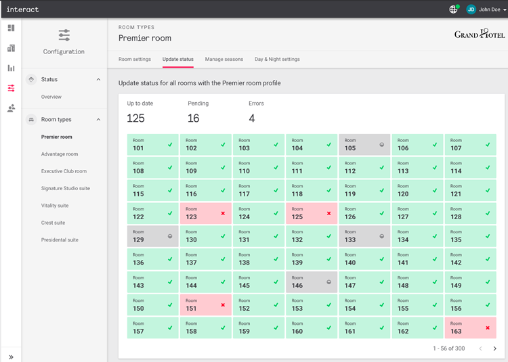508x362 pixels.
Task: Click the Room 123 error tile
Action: pyautogui.click(x=205, y=213)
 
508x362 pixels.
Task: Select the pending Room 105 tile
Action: pyautogui.click(x=364, y=145)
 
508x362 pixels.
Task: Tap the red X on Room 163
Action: pyautogui.click(x=488, y=327)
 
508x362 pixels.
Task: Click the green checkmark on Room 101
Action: pyautogui.click(x=170, y=145)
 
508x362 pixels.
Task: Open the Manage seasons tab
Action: pyautogui.click(x=224, y=60)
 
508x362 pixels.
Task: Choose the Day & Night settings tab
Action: pyautogui.click(x=277, y=60)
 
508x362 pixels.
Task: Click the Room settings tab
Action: pyautogui.click(x=135, y=60)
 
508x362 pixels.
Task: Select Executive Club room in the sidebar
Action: pyautogui.click(x=64, y=171)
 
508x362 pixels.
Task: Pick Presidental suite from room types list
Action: pyautogui.click(x=60, y=240)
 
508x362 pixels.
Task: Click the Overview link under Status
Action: pyautogui.click(x=51, y=97)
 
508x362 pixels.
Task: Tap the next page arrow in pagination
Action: pyautogui.click(x=494, y=348)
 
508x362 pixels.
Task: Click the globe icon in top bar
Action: pyautogui.click(x=453, y=9)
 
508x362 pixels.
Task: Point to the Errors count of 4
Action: pyautogui.click(x=252, y=118)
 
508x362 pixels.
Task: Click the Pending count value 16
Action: pyautogui.click(x=194, y=118)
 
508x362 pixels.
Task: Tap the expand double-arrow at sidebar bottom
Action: pyautogui.click(x=11, y=357)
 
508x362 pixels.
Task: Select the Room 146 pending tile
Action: pyautogui.click(x=312, y=281)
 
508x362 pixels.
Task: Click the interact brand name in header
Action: pyautogui.click(x=22, y=9)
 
